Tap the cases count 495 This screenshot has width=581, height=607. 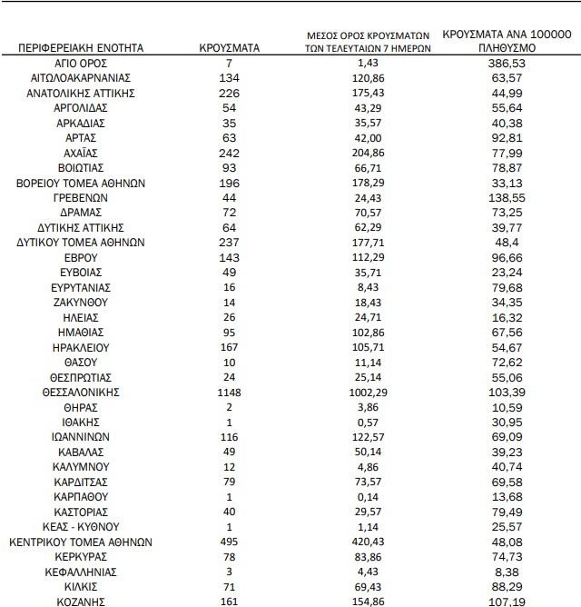(231, 541)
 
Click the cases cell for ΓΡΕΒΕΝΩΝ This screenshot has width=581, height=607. (231, 197)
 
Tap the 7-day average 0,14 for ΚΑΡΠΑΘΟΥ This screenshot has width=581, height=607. (368, 496)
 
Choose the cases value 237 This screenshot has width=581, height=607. (231, 243)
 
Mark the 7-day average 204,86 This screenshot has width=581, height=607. (368, 153)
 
